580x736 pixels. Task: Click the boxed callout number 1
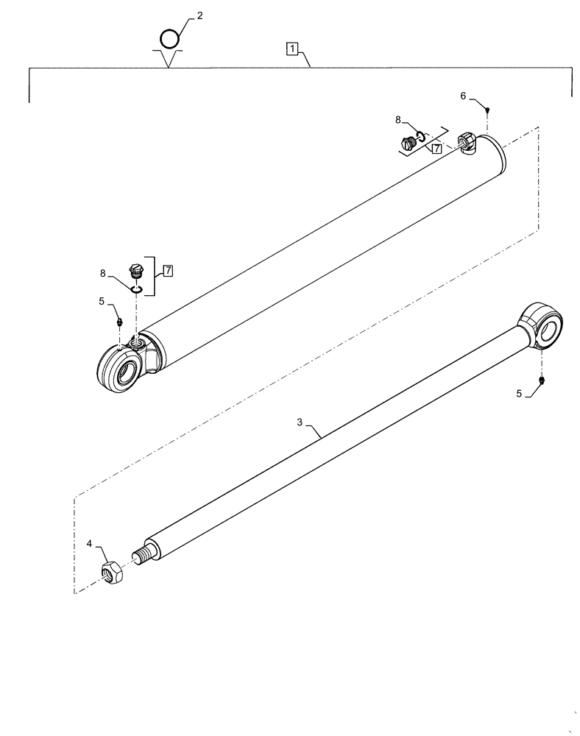click(x=293, y=49)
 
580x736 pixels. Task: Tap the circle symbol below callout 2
click(x=169, y=37)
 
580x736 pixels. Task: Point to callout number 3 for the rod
click(x=300, y=422)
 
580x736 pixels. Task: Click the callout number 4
click(x=89, y=545)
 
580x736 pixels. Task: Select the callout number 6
click(x=463, y=96)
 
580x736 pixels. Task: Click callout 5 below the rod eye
click(x=520, y=394)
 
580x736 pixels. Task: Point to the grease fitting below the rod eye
click(x=542, y=380)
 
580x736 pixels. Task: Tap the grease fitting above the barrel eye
click(x=119, y=321)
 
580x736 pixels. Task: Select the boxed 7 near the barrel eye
click(x=169, y=271)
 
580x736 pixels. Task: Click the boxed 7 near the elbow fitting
click(x=436, y=148)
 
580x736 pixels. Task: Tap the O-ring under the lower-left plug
click(x=137, y=289)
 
